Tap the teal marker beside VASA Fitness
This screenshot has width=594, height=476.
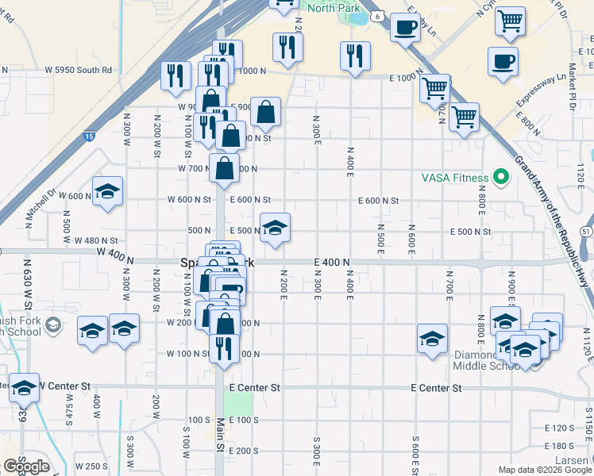[x=500, y=176]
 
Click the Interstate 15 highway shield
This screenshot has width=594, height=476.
[x=91, y=137]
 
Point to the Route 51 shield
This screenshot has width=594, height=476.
[x=586, y=230]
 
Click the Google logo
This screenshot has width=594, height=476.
[x=25, y=466]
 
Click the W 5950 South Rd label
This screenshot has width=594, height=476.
[x=78, y=70]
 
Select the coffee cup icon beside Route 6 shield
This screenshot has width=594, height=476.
[x=405, y=28]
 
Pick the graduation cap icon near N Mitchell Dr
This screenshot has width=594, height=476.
[x=107, y=191]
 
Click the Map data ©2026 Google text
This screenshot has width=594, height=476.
[x=544, y=470]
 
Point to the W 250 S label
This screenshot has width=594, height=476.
[x=91, y=466]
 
